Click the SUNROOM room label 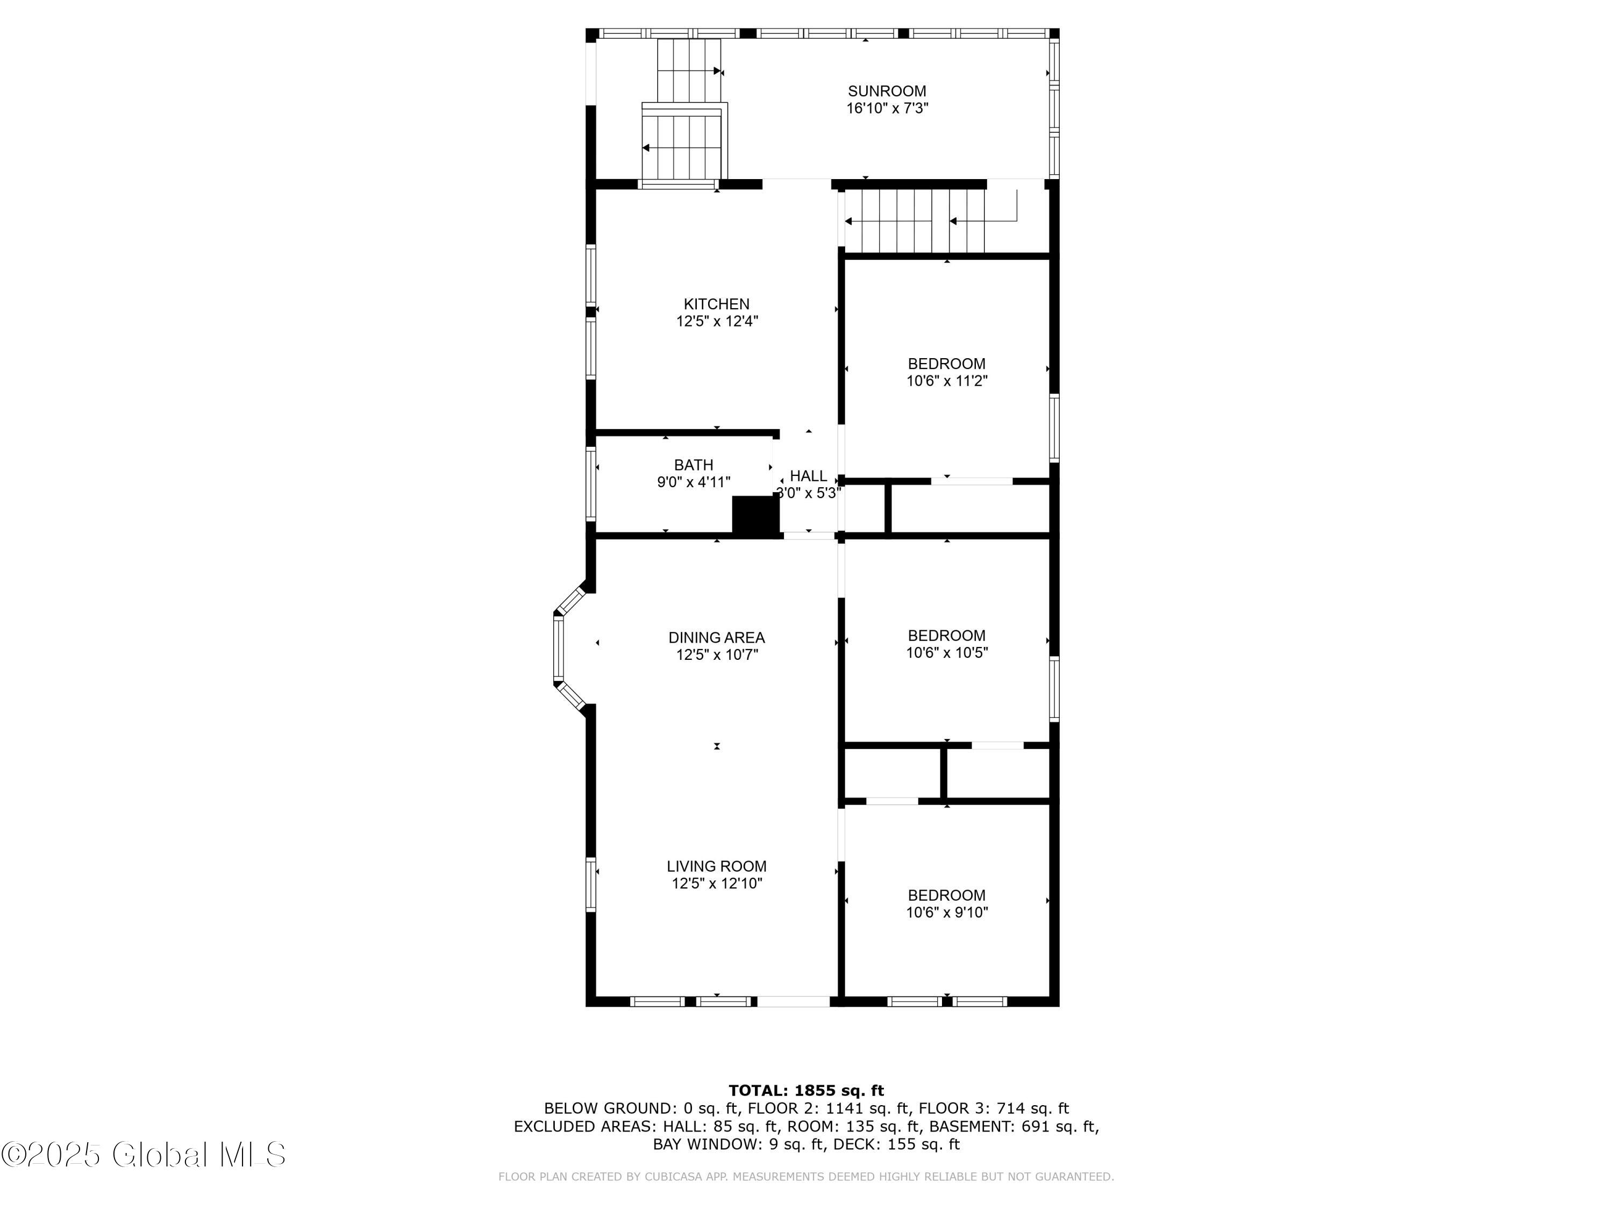(x=887, y=91)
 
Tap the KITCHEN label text (x=716, y=304)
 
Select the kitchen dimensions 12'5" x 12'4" (x=716, y=322)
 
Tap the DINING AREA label (x=716, y=637)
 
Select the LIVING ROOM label (x=716, y=866)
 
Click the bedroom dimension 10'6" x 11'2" (x=946, y=381)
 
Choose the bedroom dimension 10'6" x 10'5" (x=946, y=653)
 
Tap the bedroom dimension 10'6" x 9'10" (x=946, y=913)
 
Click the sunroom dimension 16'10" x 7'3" (x=887, y=109)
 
